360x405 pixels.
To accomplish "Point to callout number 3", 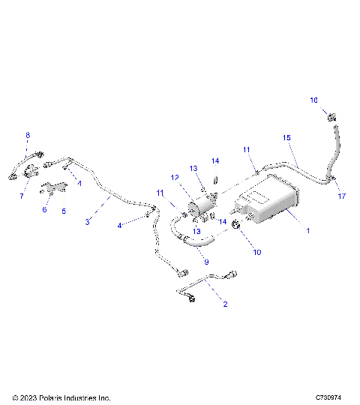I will point(88,223).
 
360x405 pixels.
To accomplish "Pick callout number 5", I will point(63,211).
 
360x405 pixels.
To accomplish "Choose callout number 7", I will point(22,196).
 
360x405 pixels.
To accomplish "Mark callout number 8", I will point(28,136).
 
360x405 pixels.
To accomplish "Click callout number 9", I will point(206,262).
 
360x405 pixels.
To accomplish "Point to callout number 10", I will point(256,253).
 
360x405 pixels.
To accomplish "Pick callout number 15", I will point(286,138).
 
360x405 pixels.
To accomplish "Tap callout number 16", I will point(315,100).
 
